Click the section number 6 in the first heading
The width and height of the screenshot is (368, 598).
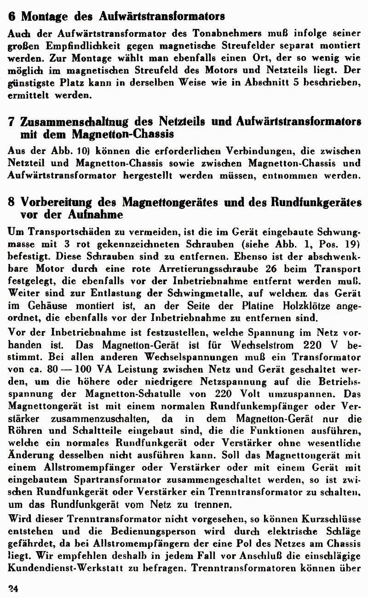12,16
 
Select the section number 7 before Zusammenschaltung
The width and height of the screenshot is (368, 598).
12,122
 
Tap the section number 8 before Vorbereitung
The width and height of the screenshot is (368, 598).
12,203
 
